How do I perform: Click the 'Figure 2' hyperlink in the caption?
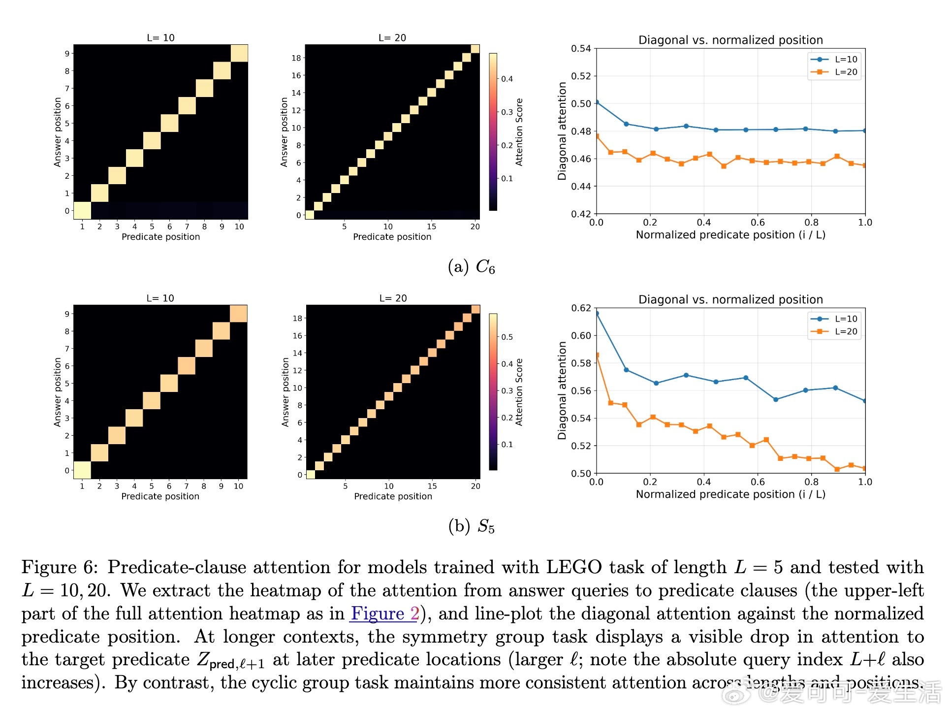pyautogui.click(x=384, y=614)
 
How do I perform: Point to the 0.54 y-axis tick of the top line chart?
pyautogui.click(x=581, y=48)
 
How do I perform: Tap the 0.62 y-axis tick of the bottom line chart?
pyautogui.click(x=581, y=308)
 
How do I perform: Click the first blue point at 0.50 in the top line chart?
pyautogui.click(x=597, y=102)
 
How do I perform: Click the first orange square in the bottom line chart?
pyautogui.click(x=597, y=355)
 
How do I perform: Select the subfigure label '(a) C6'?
pyautogui.click(x=471, y=267)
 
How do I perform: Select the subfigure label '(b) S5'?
pyautogui.click(x=471, y=526)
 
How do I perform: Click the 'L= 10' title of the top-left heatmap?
pyautogui.click(x=160, y=38)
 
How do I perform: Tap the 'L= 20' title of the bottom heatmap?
pyautogui.click(x=393, y=298)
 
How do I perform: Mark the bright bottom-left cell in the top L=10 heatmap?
pyautogui.click(x=82, y=210)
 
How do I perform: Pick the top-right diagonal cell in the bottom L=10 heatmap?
pyautogui.click(x=238, y=314)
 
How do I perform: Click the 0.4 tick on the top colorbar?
pyautogui.click(x=507, y=79)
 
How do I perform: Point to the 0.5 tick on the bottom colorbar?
pyautogui.click(x=507, y=337)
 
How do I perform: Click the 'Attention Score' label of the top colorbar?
pyautogui.click(x=519, y=132)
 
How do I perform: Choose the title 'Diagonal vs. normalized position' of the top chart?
pyautogui.click(x=730, y=40)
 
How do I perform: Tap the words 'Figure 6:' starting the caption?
pyautogui.click(x=60, y=567)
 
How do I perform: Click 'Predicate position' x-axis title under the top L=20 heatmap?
pyautogui.click(x=392, y=237)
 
